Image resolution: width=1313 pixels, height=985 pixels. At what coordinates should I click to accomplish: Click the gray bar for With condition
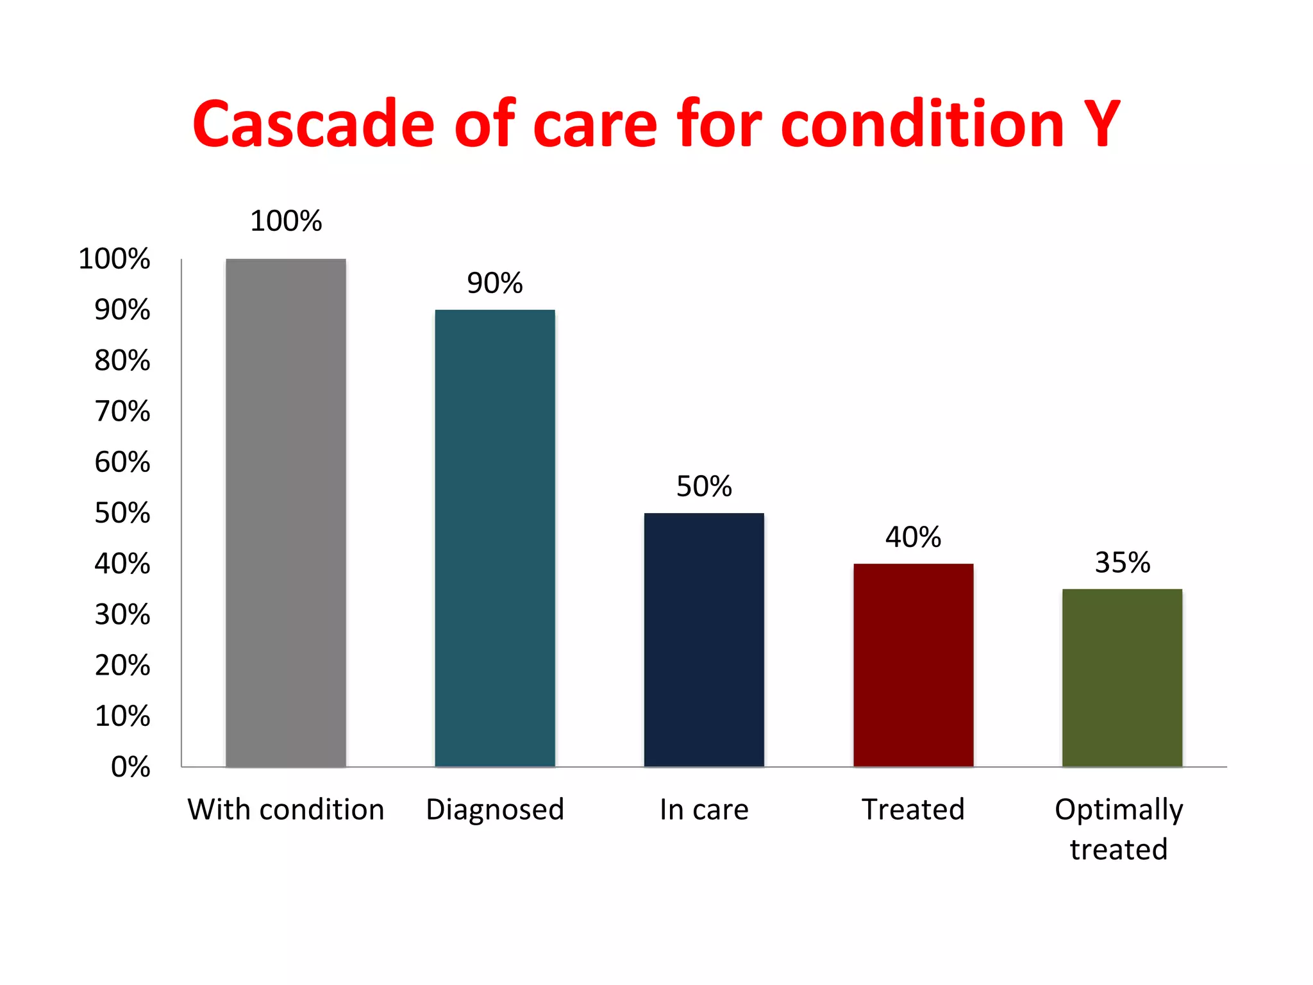coord(286,513)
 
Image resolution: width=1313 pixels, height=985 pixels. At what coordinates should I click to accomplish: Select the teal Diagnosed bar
coord(495,539)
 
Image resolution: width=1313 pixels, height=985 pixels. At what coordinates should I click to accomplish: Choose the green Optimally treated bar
coord(1122,678)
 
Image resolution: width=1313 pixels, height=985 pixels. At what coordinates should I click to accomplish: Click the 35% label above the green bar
coord(1122,563)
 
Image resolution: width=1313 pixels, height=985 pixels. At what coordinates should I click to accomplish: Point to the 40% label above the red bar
coord(913,537)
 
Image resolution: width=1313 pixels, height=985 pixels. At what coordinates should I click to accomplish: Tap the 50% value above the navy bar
coord(704,487)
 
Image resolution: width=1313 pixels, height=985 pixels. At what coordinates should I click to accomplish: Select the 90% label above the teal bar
coord(495,283)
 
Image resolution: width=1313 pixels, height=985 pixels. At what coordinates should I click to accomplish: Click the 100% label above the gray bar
coord(286,221)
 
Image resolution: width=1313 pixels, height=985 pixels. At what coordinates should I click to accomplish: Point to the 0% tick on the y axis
coord(131,767)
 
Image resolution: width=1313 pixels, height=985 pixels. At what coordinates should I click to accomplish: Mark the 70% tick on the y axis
coord(122,411)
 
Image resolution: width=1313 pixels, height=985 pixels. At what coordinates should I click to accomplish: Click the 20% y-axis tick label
coord(122,665)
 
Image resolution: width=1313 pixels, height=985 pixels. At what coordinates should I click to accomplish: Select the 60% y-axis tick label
coord(122,462)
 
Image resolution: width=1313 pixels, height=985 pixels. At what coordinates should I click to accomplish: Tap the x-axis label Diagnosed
coord(495,809)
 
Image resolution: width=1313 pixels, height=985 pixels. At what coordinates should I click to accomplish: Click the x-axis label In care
coord(704,809)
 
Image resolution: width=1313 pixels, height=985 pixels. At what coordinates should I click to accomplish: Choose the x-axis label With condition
coord(286,809)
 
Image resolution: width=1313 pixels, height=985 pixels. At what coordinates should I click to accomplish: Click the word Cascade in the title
coord(314,124)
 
